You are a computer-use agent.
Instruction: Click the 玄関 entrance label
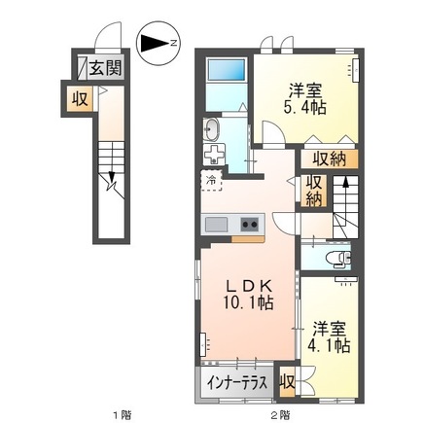click(106, 68)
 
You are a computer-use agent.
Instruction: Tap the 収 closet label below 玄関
click(77, 97)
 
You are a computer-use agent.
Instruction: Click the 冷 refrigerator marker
click(211, 180)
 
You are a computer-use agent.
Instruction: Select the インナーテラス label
click(236, 381)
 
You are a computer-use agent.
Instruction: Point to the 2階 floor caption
click(280, 414)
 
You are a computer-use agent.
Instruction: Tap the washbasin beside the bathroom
click(212, 130)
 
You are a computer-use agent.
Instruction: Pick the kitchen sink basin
click(216, 225)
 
